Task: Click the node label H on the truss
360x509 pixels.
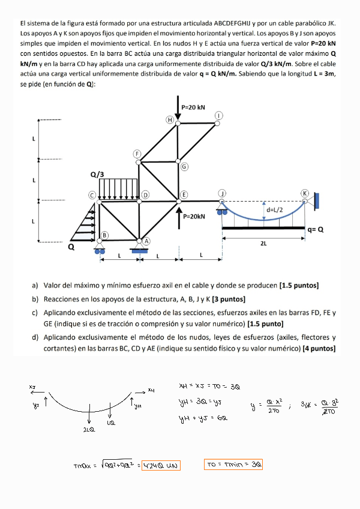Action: pyautogui.click(x=170, y=120)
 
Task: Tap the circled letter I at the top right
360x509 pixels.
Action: pyautogui.click(x=220, y=115)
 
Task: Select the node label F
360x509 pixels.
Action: pyautogui.click(x=137, y=154)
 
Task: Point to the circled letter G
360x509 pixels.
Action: pyautogui.click(x=184, y=166)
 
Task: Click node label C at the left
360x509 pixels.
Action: pyautogui.click(x=92, y=195)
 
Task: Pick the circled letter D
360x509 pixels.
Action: pyautogui.click(x=146, y=195)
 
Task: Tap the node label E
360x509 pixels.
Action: pyautogui.click(x=184, y=194)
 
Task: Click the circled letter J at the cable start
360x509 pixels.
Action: pyautogui.click(x=222, y=193)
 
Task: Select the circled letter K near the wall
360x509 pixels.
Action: pyautogui.click(x=305, y=193)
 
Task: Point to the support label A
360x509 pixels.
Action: pyautogui.click(x=146, y=239)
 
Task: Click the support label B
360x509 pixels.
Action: pyautogui.click(x=104, y=235)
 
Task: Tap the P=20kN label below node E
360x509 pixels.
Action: pyautogui.click(x=195, y=216)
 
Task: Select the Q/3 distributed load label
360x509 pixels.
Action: pyautogui.click(x=97, y=175)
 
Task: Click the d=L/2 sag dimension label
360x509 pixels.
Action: pyautogui.click(x=276, y=210)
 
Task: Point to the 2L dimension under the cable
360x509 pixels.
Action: pyautogui.click(x=264, y=244)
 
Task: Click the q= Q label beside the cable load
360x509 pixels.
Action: pyautogui.click(x=315, y=229)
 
